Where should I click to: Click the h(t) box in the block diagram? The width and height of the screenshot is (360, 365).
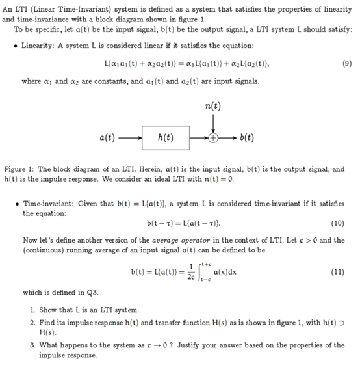(165, 138)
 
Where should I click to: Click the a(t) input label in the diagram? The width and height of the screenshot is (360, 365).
(107, 138)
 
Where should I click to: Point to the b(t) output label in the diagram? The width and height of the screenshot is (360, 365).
(246, 138)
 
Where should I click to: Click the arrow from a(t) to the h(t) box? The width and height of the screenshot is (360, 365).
(131, 138)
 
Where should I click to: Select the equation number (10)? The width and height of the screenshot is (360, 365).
(337, 224)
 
